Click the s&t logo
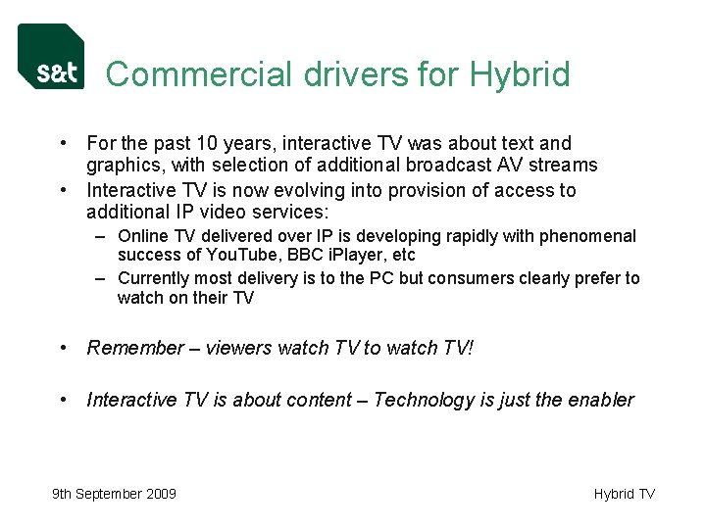tap(51, 57)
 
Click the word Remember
tap(135, 348)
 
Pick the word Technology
tap(423, 400)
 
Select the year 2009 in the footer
tap(159, 494)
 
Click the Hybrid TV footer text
tap(624, 494)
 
